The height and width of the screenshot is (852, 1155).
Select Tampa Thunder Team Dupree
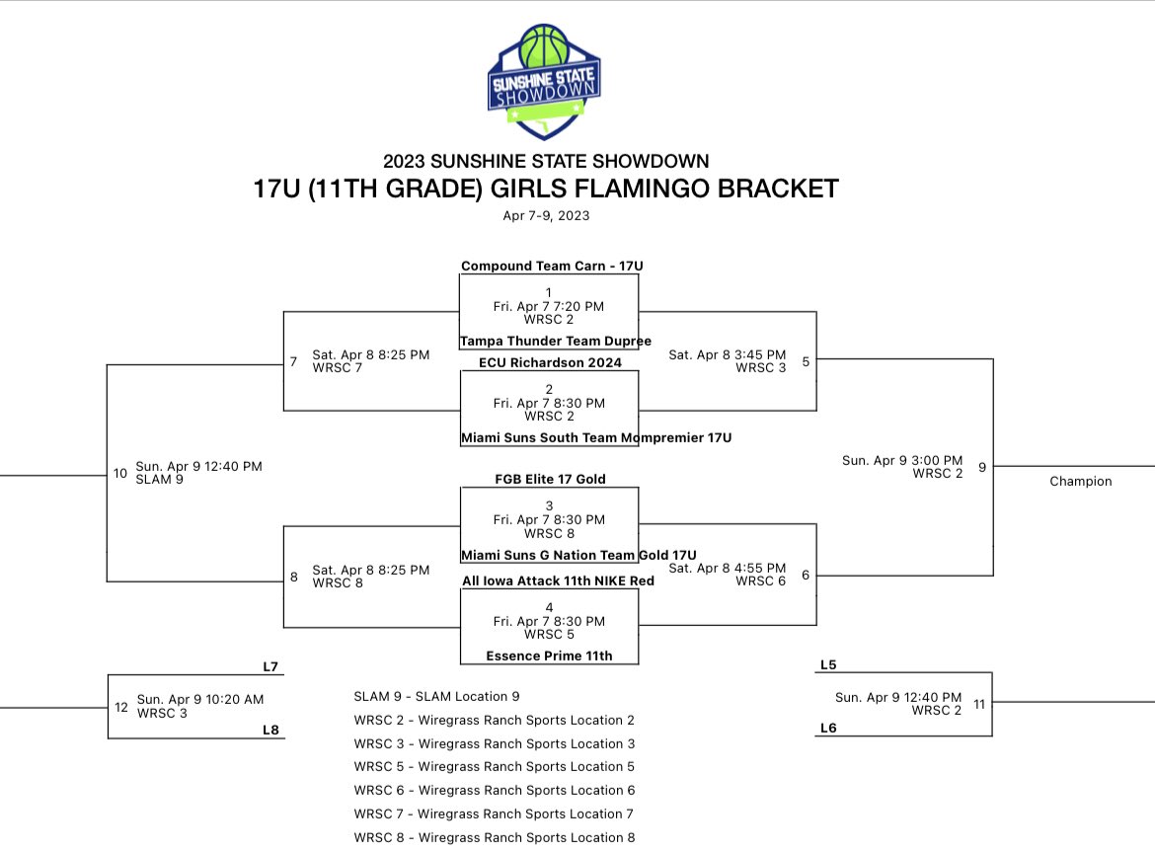pos(556,341)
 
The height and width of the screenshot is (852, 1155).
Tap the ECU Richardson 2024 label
pos(550,362)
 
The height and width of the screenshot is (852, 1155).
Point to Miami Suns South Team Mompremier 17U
pos(596,437)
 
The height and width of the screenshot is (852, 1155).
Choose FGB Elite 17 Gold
pos(550,479)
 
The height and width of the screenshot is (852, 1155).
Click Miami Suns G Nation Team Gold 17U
pos(578,556)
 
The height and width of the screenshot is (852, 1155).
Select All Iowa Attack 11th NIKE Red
pos(558,581)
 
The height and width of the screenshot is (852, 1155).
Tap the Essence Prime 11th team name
pos(549,656)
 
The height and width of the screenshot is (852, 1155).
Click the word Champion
pos(1080,482)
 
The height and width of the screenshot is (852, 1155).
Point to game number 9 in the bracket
pos(981,467)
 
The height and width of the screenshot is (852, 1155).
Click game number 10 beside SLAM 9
pos(120,473)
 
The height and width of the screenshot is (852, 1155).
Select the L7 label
pos(270,667)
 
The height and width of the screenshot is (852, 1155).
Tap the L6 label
pos(828,728)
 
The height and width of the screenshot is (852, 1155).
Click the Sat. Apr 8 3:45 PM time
pos(727,354)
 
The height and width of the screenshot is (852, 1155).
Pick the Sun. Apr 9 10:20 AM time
pos(200,699)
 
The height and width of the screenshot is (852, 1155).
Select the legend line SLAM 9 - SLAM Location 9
pos(436,696)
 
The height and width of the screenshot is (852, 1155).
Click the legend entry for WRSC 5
pos(494,766)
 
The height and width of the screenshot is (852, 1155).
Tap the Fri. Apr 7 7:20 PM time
pos(549,307)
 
